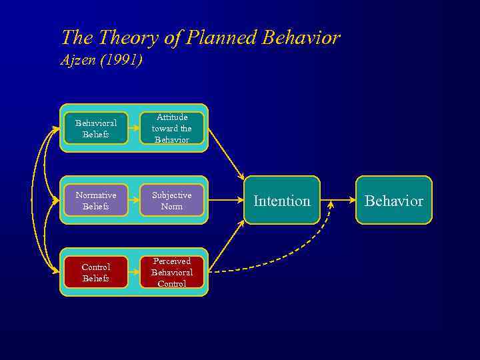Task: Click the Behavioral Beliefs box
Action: [x=96, y=128]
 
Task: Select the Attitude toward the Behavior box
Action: [x=172, y=128]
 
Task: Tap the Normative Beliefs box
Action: [x=96, y=200]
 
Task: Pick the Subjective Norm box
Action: [x=172, y=200]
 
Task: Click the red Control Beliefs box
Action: [x=96, y=272]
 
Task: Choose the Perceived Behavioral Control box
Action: [x=172, y=272]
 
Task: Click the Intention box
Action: [x=282, y=200]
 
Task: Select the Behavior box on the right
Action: [x=394, y=200]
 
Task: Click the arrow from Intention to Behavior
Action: [x=338, y=199]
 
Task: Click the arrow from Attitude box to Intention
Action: [x=227, y=154]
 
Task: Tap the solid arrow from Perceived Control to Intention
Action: [x=227, y=247]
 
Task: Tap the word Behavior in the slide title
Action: [x=301, y=38]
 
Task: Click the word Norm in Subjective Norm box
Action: [x=172, y=207]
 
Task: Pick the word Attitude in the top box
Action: [x=172, y=117]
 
